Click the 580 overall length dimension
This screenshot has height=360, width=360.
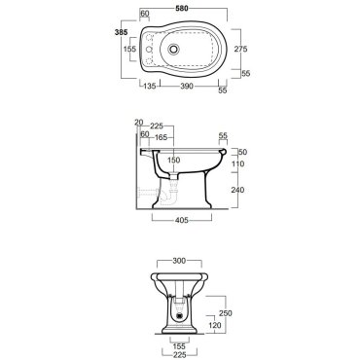click(182, 9)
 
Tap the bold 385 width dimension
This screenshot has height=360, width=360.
click(121, 32)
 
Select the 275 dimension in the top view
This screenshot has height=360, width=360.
click(240, 49)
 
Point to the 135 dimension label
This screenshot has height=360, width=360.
click(150, 87)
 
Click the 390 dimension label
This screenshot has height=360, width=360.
click(187, 87)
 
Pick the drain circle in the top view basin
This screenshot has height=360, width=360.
click(174, 49)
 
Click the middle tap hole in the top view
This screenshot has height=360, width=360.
click(149, 50)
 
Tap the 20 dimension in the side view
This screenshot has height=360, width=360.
click(138, 123)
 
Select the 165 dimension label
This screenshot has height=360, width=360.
click(161, 137)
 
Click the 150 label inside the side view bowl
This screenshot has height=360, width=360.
click(174, 161)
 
